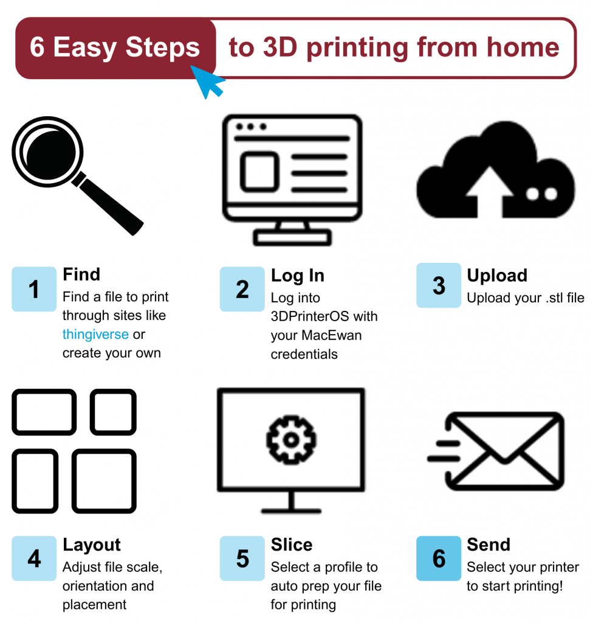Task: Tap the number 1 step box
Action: coord(34,289)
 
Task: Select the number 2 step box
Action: coord(242,289)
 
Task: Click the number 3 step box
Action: coord(439,285)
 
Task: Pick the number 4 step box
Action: coord(34,559)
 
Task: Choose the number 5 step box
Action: coord(242,559)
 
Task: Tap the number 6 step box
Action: coord(439,559)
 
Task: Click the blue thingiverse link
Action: coord(95,335)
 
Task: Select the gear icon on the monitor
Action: coord(291,439)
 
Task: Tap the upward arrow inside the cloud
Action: coord(490,191)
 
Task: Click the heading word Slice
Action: coord(292,545)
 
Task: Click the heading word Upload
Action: coord(497,276)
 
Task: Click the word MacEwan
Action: coord(332,335)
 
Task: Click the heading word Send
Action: coord(489,545)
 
